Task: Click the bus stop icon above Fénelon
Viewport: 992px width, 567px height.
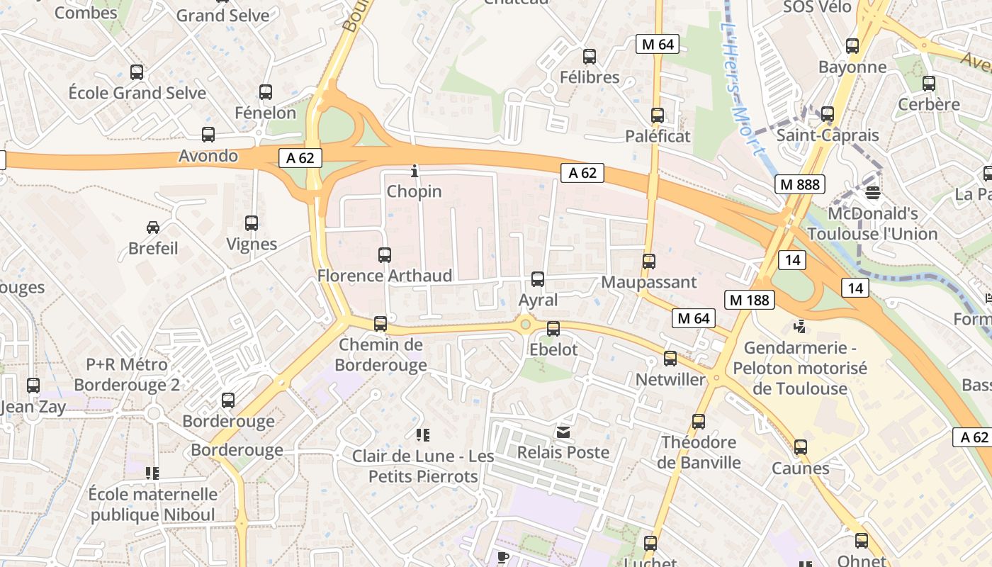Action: pyautogui.click(x=266, y=92)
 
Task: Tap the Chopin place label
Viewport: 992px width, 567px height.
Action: pyautogui.click(x=414, y=191)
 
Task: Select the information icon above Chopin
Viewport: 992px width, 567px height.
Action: pyautogui.click(x=415, y=171)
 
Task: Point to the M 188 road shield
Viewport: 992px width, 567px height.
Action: pyautogui.click(x=749, y=300)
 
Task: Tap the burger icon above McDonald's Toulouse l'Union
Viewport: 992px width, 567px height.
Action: pyautogui.click(x=873, y=193)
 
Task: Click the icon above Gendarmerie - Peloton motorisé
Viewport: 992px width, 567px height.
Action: pyautogui.click(x=800, y=327)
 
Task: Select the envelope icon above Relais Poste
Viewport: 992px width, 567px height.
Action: pyautogui.click(x=563, y=432)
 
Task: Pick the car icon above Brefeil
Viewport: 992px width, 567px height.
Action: pyautogui.click(x=153, y=228)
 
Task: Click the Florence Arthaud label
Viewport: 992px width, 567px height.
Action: pyautogui.click(x=385, y=276)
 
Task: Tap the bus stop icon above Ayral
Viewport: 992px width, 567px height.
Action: pyautogui.click(x=538, y=279)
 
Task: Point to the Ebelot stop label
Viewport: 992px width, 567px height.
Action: pyautogui.click(x=553, y=349)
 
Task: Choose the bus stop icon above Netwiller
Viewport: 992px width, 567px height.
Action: pyautogui.click(x=670, y=359)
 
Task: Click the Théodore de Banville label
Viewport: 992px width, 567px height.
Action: pyautogui.click(x=699, y=452)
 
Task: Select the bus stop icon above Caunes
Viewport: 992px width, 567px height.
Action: pyautogui.click(x=801, y=447)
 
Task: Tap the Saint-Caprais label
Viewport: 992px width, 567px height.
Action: pyautogui.click(x=828, y=135)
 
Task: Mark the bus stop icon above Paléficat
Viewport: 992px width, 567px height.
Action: pyautogui.click(x=658, y=116)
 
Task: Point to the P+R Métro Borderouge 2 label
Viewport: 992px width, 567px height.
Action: pyautogui.click(x=127, y=375)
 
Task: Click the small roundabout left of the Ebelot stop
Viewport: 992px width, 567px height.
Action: pyautogui.click(x=525, y=325)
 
